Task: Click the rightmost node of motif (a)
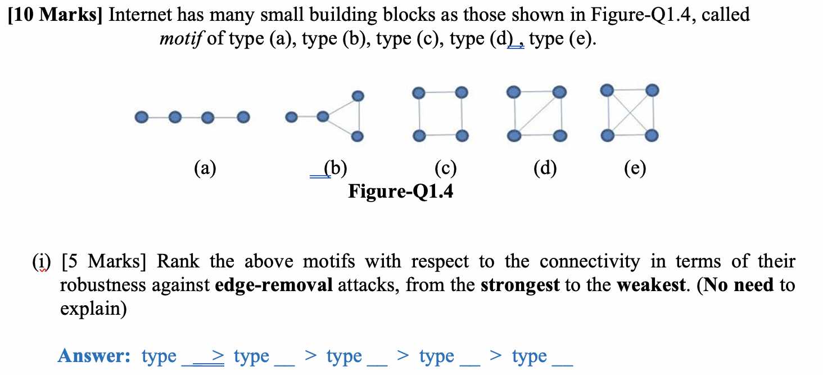[243, 118]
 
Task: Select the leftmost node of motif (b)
[291, 118]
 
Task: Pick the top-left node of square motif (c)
[418, 92]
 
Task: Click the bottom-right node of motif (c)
[462, 136]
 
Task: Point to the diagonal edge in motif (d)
[536, 114]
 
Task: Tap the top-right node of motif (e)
[652, 90]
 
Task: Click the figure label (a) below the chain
[205, 168]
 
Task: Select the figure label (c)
[445, 168]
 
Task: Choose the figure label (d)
[546, 168]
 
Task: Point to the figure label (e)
[635, 168]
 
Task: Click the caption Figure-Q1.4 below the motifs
[401, 191]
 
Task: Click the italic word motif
[181, 39]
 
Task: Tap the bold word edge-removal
[274, 285]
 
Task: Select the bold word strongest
[520, 285]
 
